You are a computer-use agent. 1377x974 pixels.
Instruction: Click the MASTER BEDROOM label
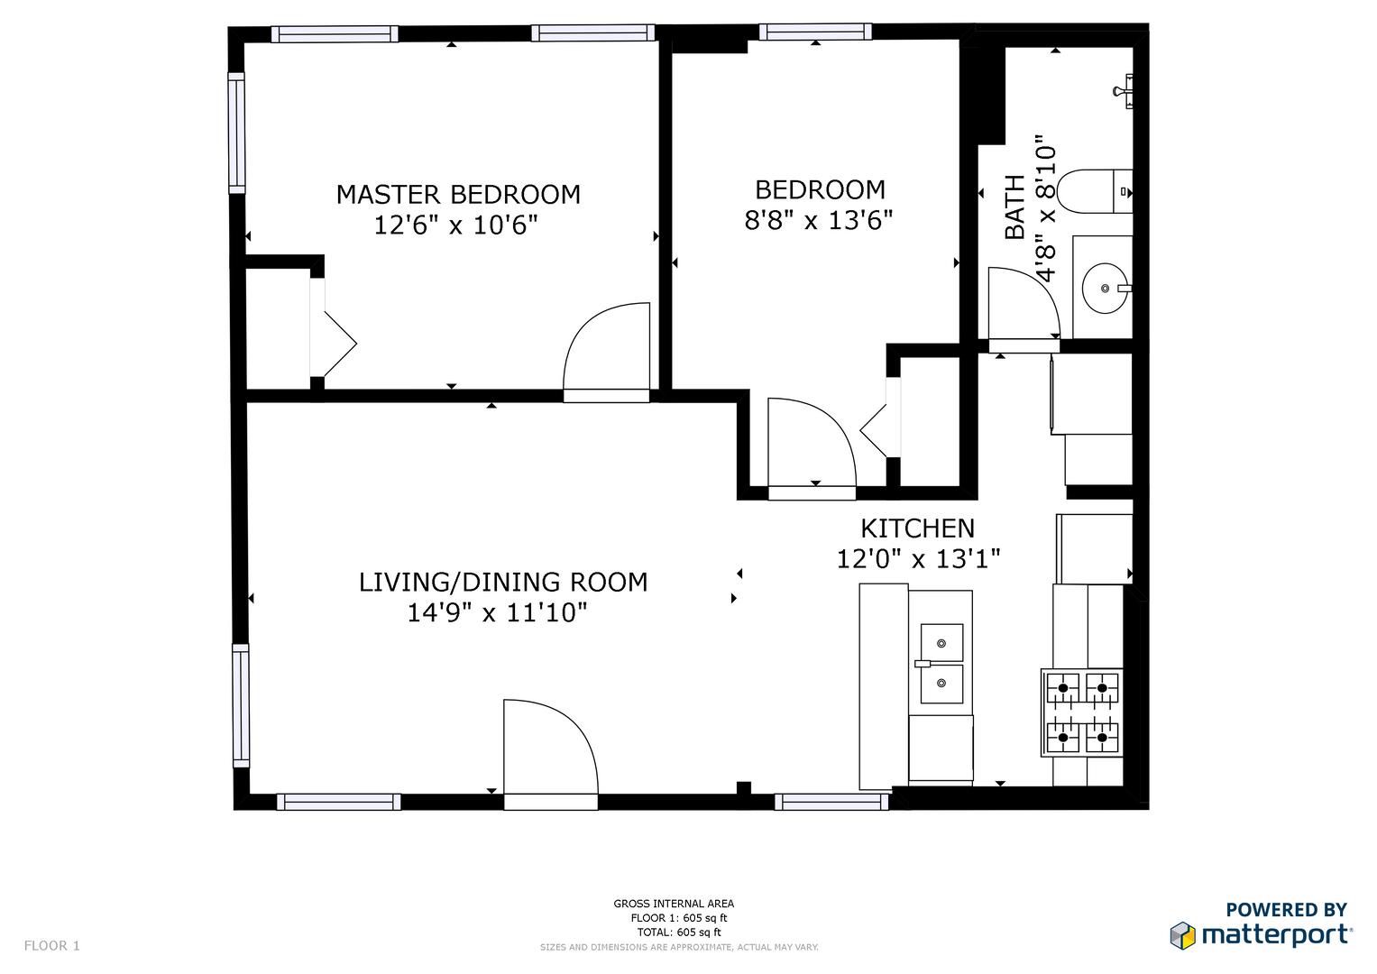458,194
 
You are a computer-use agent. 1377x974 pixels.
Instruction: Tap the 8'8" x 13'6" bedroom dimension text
818,219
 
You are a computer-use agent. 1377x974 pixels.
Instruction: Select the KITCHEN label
917,528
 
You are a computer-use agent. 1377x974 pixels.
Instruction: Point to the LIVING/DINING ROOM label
503,582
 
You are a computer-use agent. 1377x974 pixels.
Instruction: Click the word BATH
1014,207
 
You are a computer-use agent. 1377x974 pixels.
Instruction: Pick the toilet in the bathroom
1094,191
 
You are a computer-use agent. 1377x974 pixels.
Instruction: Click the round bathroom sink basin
1105,288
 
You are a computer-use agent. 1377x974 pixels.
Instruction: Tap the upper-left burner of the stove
1063,688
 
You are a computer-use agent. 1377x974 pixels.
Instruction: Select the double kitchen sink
941,664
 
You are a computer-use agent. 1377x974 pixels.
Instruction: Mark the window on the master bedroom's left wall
236,133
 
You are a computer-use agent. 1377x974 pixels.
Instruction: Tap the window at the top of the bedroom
815,32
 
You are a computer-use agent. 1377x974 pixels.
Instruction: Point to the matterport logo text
1277,935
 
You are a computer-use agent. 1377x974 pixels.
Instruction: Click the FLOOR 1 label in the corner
52,946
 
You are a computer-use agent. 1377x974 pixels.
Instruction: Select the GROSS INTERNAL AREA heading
674,904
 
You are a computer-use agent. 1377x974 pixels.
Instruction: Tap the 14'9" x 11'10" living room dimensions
497,612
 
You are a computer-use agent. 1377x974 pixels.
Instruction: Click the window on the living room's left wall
241,705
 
